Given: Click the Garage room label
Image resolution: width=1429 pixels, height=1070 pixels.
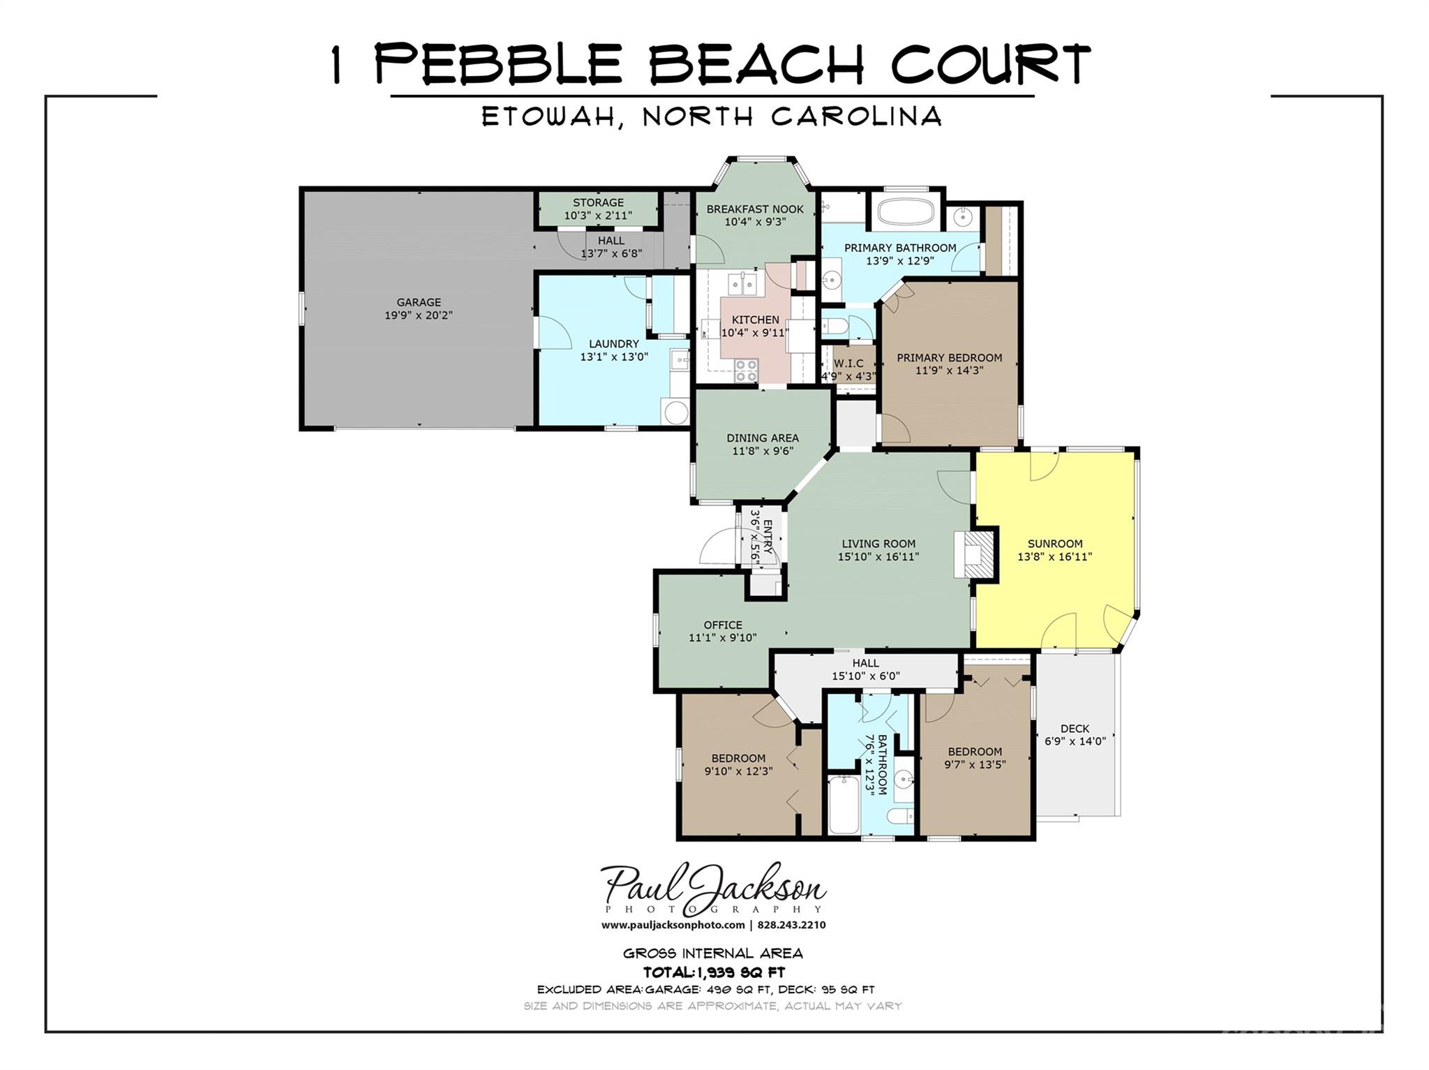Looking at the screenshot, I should [x=419, y=302].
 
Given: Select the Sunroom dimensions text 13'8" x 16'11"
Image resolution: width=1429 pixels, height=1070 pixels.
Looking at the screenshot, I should [x=1054, y=557].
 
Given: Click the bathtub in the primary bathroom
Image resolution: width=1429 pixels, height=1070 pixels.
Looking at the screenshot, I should [x=905, y=212].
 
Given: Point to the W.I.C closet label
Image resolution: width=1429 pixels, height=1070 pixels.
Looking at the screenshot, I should [x=848, y=364].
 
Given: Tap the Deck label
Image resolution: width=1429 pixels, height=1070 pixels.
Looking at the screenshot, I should [x=1075, y=729].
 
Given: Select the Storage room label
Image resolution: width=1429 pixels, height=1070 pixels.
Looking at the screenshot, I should [x=598, y=203].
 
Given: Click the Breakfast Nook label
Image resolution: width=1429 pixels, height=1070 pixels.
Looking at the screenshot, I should [x=755, y=209].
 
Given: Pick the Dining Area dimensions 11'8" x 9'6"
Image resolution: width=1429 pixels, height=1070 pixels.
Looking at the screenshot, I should [x=762, y=452].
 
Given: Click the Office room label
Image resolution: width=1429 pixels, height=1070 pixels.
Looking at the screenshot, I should [x=722, y=625].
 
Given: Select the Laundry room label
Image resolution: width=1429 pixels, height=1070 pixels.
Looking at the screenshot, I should [x=613, y=344].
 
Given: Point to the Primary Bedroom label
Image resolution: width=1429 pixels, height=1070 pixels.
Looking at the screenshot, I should [x=949, y=358].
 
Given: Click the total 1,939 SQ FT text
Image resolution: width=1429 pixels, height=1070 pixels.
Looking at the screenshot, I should [x=714, y=972].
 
